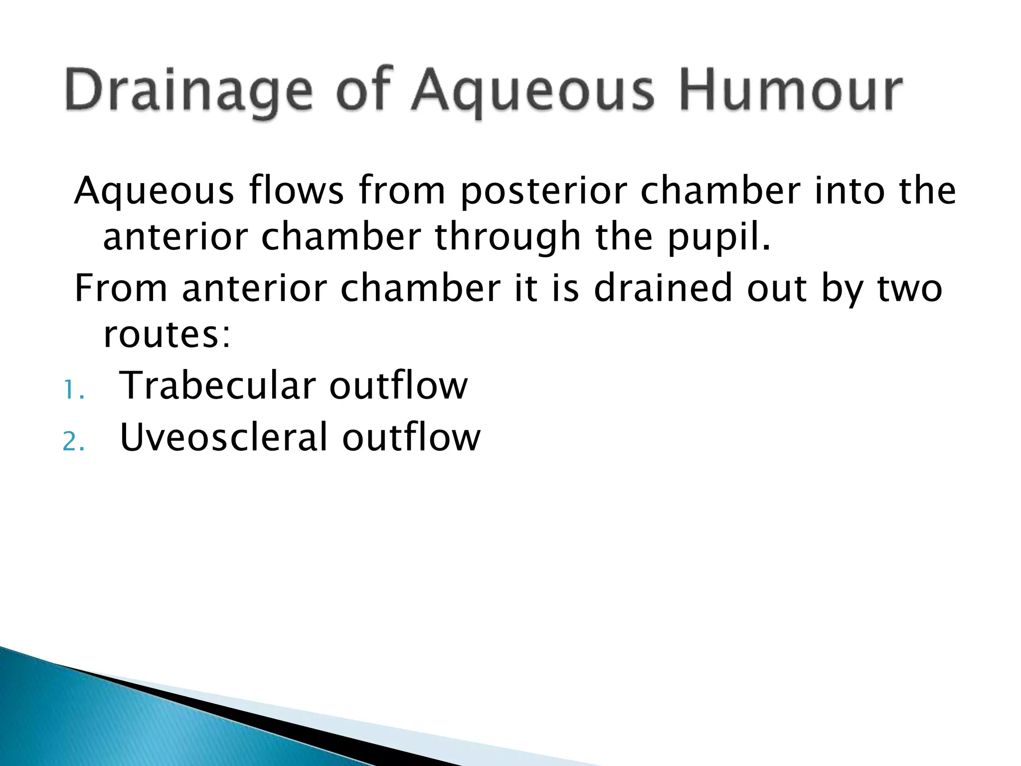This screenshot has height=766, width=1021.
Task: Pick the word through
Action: click(508, 237)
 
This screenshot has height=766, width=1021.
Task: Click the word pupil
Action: click(718, 237)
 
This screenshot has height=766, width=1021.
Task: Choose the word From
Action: click(121, 288)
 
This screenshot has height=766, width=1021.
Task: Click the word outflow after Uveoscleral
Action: click(411, 437)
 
